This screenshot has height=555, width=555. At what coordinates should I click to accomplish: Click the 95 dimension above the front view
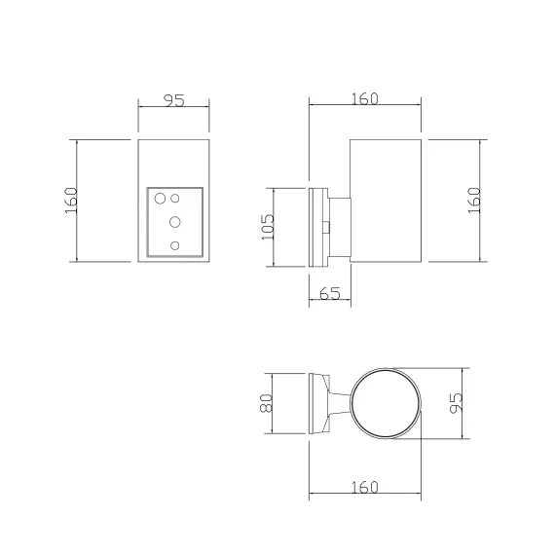tap(173, 100)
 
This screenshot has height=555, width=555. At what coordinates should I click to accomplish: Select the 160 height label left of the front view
tap(71, 201)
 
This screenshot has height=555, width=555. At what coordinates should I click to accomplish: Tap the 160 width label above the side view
tap(364, 98)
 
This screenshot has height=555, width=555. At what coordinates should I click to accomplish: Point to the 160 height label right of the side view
tap(474, 201)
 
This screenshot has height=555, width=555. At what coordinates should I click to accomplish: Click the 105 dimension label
tap(268, 227)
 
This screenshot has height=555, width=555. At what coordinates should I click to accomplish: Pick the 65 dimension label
tap(329, 293)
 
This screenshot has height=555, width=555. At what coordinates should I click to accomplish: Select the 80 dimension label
tap(266, 403)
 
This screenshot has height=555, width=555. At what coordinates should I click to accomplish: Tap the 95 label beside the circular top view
tap(456, 403)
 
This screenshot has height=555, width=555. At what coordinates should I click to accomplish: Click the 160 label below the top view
tap(364, 487)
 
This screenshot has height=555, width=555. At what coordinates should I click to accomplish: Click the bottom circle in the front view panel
tap(174, 245)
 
